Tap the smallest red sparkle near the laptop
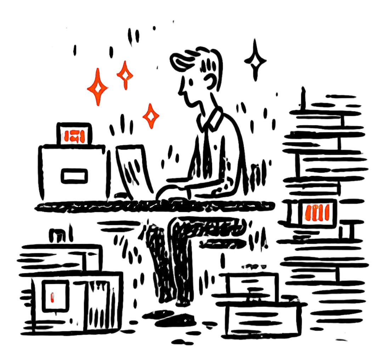151,116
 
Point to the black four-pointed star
255,60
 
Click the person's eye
191,82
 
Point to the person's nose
181,93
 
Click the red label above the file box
74,136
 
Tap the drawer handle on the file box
74,175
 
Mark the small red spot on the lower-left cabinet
52,297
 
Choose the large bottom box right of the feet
262,317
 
